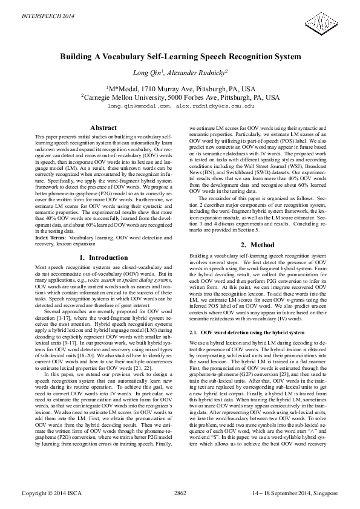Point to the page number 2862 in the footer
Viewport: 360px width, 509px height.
point(180,493)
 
